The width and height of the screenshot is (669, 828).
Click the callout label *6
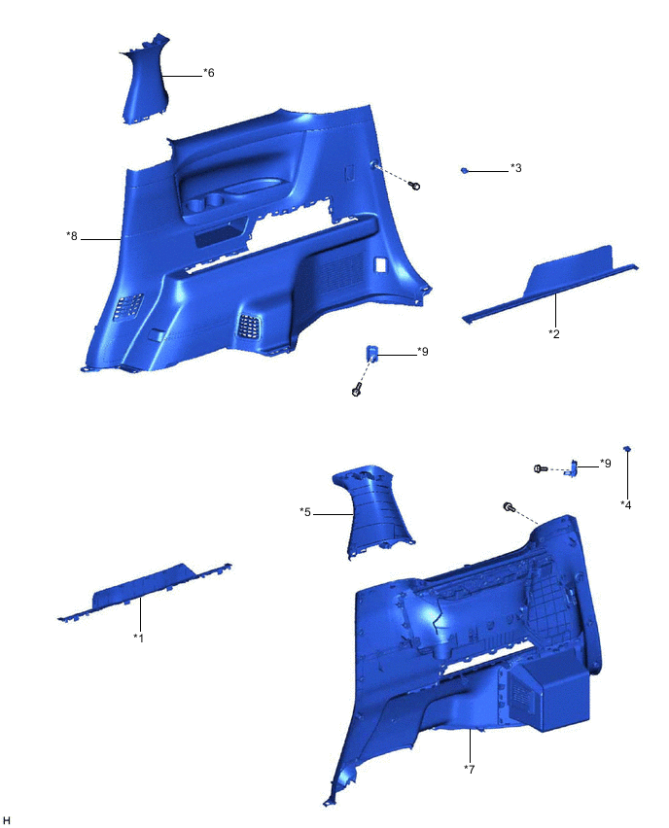coord(208,73)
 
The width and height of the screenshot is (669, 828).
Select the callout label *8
coord(71,236)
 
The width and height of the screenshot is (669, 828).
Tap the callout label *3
coord(515,168)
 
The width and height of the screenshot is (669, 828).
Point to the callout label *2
coord(554,333)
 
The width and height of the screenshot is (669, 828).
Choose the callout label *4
coord(626,504)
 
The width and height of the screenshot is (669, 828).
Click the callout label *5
coord(305,511)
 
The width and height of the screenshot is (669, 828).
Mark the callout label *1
coord(138,638)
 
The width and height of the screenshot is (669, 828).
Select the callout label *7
coord(470,769)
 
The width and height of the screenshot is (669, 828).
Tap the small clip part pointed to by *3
coord(465,170)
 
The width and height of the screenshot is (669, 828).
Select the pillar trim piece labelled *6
coord(143,86)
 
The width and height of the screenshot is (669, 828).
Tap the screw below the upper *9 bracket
coord(356,391)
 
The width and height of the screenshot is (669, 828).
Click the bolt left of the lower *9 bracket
coord(539,468)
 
